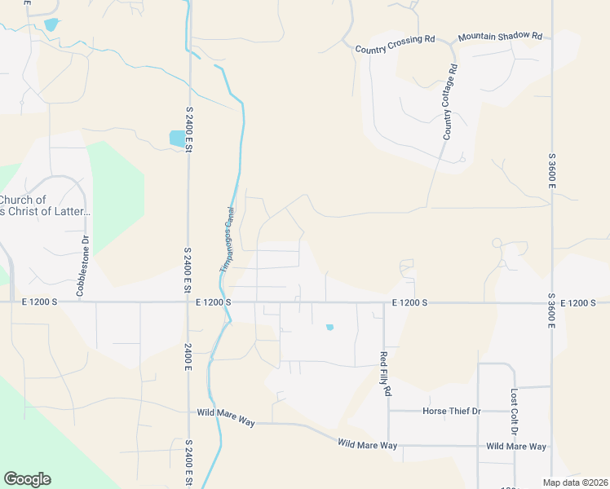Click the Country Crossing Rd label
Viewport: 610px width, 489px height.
[396, 45]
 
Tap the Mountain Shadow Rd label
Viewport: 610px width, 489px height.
[500, 37]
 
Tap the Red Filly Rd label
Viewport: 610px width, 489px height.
[385, 373]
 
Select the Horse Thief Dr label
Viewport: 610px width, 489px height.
[452, 411]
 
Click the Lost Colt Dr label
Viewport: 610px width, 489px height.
[514, 410]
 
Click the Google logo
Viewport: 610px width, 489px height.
[27, 479]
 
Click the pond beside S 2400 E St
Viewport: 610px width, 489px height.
[177, 139]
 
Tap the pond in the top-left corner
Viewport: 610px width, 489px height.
[52, 24]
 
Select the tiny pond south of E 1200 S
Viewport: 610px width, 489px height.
[329, 328]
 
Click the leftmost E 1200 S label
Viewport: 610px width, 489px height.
[39, 302]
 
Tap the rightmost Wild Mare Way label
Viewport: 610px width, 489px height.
[516, 447]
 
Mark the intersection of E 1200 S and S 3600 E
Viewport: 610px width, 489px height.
[552, 303]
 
